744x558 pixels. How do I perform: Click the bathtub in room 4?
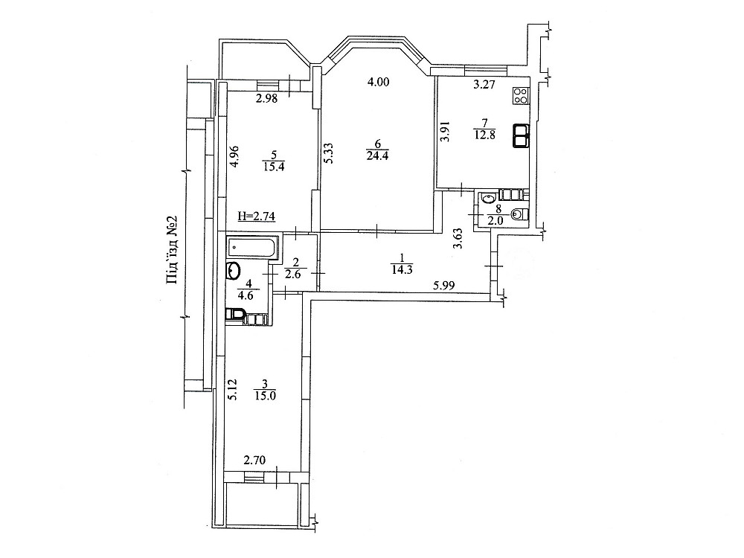[253, 246]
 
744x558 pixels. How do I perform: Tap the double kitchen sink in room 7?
[520, 135]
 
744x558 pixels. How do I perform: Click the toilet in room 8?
[520, 215]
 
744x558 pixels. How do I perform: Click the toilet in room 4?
[236, 316]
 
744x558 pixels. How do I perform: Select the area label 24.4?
[376, 155]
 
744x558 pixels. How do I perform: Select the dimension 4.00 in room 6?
[378, 83]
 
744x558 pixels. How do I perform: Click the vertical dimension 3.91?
[445, 132]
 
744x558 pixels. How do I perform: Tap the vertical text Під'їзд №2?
[171, 251]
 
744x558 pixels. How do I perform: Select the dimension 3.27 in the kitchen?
[485, 85]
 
